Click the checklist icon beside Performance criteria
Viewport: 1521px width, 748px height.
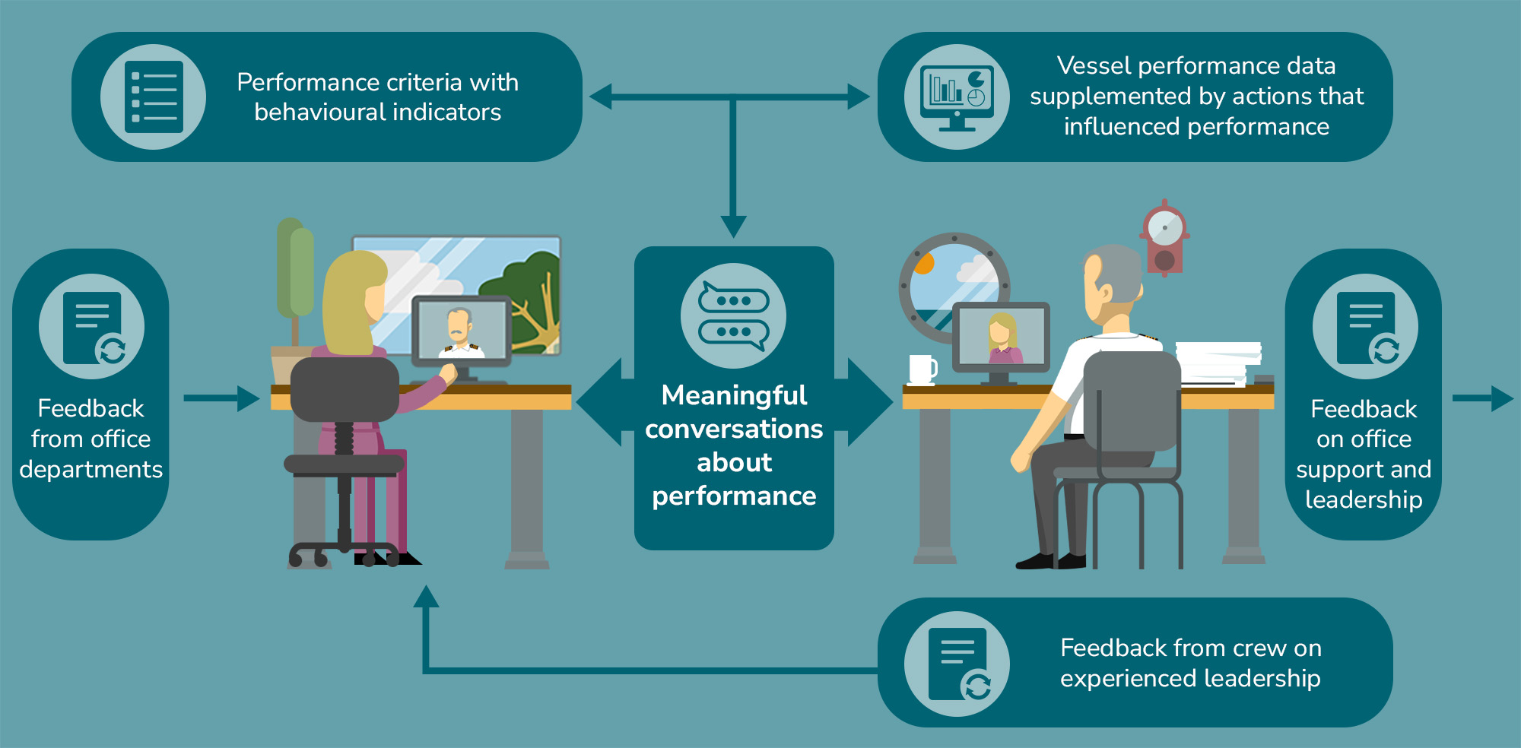tap(154, 97)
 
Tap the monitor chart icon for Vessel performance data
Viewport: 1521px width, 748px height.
tap(957, 97)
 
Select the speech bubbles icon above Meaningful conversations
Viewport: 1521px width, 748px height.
tap(733, 316)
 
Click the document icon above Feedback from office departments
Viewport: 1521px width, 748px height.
tap(92, 327)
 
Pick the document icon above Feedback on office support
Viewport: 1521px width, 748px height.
tap(1365, 327)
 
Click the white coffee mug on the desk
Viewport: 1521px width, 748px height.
tap(922, 369)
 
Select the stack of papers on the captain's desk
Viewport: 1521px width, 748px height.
tap(1217, 362)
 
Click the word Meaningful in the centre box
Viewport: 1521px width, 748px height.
tap(734, 395)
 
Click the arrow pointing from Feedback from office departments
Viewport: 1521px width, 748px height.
tap(221, 398)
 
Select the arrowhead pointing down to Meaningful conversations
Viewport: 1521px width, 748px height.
tap(733, 226)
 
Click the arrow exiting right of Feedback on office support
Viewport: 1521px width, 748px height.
tap(1483, 398)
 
